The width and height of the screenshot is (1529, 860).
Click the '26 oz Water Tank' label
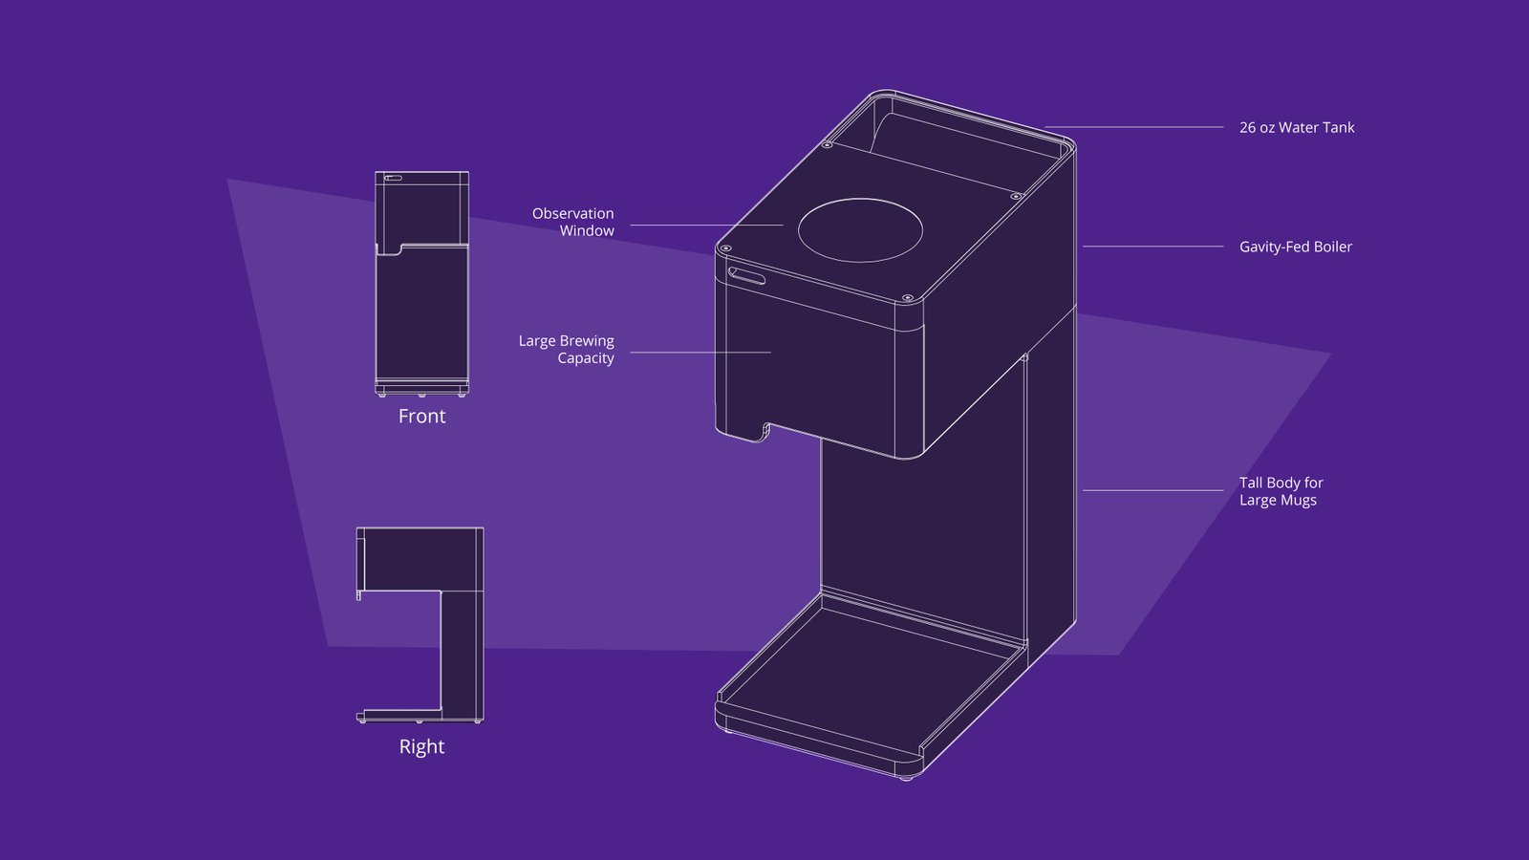1296,127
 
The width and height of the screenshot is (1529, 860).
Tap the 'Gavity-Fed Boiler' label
1295,247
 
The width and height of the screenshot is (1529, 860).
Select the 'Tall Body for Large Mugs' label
1281,491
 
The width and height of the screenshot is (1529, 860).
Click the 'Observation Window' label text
572,222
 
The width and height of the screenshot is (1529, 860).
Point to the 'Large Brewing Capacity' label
566,349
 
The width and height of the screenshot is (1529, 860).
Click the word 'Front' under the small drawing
421,416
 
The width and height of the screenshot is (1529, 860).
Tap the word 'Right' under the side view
421,746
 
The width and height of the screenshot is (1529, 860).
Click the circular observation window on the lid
860,230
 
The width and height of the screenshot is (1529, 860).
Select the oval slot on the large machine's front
747,276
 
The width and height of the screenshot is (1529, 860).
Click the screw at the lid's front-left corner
725,248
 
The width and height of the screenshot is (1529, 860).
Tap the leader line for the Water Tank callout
1133,126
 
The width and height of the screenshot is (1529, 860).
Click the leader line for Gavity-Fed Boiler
1152,247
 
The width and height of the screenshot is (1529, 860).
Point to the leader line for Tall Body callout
1152,490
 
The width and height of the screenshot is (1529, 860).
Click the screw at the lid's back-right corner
1016,196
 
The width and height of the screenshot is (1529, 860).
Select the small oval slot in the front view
393,178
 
